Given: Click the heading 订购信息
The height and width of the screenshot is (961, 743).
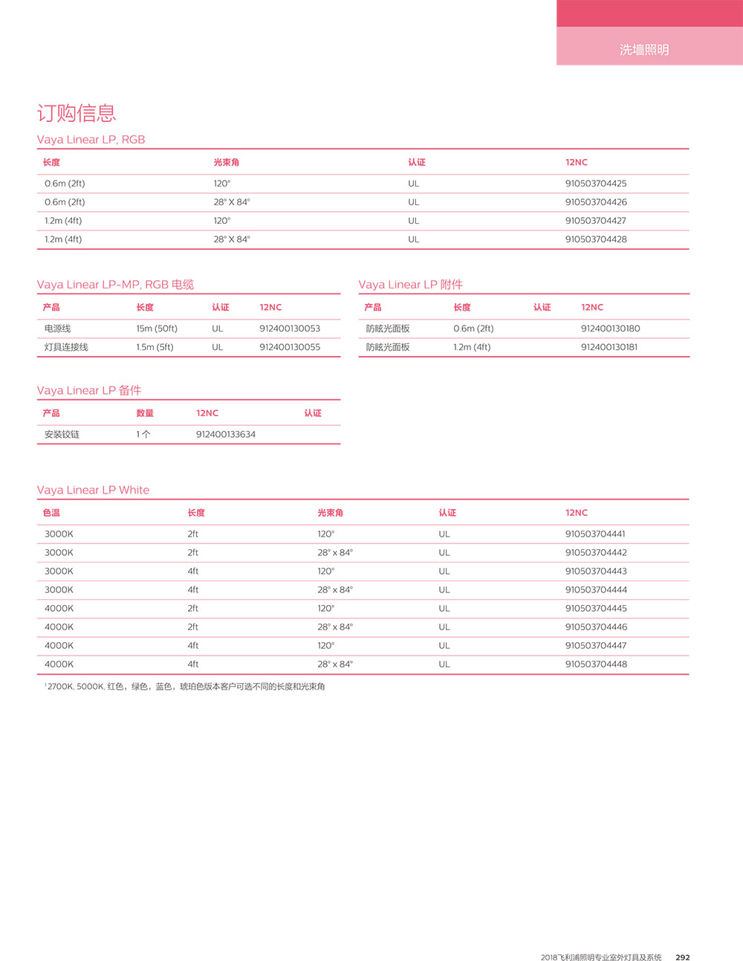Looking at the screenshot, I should click(x=77, y=113).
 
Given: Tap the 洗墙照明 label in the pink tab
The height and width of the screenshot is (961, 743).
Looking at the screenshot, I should click(x=644, y=50).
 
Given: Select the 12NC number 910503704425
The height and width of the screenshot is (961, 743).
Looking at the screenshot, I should click(x=595, y=184).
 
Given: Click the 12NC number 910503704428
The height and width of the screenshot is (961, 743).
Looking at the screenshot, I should click(x=595, y=239).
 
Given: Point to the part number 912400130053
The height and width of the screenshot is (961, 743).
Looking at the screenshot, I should click(x=290, y=329).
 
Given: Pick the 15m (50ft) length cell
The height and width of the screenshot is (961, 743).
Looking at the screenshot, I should click(x=157, y=329).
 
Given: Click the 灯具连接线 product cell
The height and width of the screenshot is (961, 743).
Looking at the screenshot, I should click(x=66, y=347).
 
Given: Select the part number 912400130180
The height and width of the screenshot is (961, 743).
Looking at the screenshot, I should click(x=610, y=329).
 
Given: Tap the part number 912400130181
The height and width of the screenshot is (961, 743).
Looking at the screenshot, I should click(x=609, y=347).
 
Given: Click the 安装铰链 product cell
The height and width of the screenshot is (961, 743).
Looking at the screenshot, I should click(x=62, y=435).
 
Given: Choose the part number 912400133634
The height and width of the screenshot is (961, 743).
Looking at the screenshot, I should click(x=226, y=435).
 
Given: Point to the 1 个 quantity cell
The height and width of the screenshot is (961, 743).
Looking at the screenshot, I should click(x=143, y=435).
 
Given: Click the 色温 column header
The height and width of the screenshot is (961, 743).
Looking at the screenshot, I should click(x=51, y=513).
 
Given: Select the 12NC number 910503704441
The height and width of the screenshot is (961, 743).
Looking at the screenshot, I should click(x=595, y=534).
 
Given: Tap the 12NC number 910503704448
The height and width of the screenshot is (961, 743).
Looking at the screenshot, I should click(x=596, y=664).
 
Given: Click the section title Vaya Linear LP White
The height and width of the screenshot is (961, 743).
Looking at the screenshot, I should click(x=93, y=491).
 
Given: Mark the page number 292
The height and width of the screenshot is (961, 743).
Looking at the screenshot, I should click(x=682, y=957).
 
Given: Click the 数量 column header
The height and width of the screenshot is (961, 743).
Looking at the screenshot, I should click(x=145, y=413).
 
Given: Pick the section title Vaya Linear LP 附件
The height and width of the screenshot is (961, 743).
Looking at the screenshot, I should click(x=410, y=285).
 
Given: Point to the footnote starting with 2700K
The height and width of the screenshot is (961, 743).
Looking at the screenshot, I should click(x=185, y=687).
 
